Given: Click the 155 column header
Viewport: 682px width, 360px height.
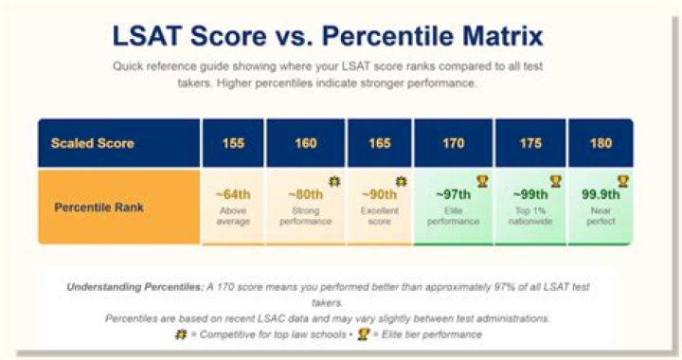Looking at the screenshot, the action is coord(233,143).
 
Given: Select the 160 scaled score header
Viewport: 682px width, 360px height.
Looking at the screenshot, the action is coord(306,143).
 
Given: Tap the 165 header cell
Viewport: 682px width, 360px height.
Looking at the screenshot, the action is coord(380,143).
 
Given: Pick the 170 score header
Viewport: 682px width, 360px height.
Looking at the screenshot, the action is coord(453,143).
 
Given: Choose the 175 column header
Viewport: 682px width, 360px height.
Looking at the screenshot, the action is coord(530,143).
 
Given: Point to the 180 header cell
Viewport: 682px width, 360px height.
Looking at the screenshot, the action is coord(601,143).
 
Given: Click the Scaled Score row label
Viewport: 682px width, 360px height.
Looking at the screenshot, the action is coord(92,143).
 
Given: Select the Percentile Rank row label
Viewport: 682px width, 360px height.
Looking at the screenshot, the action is coord(99,207).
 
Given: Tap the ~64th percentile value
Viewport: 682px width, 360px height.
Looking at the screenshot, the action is coord(233,194).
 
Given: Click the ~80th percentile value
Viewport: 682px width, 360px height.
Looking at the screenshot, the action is coord(306,194).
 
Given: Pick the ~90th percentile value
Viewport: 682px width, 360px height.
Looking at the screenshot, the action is coord(379,194).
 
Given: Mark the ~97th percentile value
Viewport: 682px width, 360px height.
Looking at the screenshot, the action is coord(453,194).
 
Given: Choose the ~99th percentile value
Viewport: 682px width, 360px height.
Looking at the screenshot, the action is coord(530,194).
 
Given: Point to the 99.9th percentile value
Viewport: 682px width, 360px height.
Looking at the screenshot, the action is coord(601,194).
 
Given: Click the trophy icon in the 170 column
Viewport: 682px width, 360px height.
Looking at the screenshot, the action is coord(482,181).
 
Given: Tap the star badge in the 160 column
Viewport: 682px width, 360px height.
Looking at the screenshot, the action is coord(334,181).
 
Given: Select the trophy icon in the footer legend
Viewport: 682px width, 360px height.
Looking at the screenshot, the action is coord(363,334).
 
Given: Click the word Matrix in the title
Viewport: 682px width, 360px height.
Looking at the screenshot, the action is coord(503,36).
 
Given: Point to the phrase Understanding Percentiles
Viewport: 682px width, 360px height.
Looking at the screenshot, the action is coord(135,287).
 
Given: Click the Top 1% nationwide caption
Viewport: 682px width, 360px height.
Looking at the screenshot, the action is coord(530,216).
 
